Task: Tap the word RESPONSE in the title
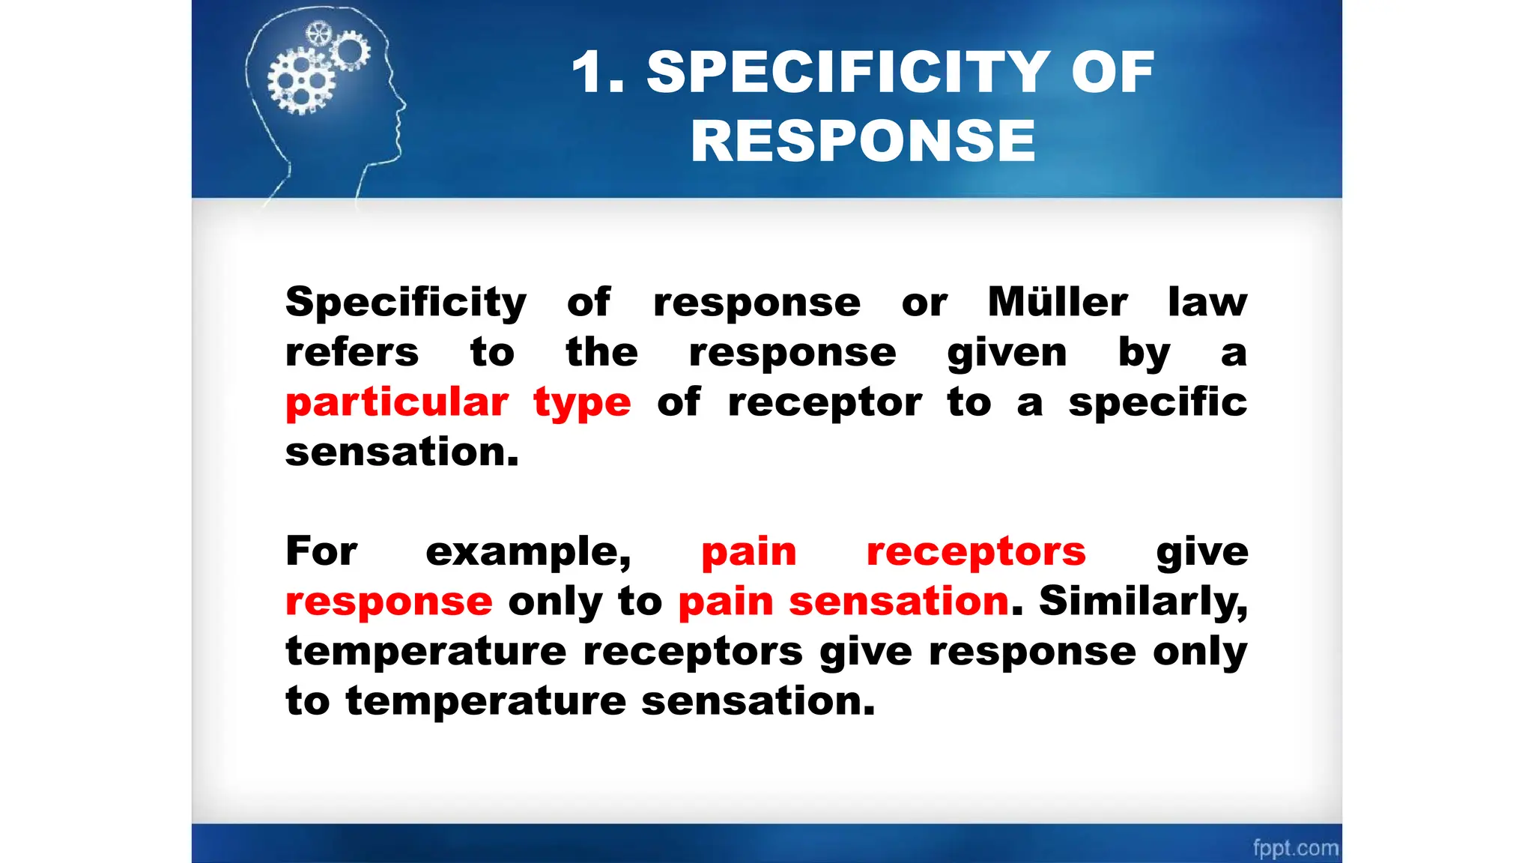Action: [x=863, y=141]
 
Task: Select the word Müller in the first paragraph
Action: [x=1057, y=302]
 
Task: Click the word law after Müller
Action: [x=1207, y=302]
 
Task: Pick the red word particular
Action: [x=397, y=402]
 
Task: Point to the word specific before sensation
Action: [x=1157, y=403]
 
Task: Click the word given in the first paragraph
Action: [x=1007, y=353]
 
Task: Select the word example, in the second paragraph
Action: [x=529, y=552]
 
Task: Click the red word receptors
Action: [x=975, y=552]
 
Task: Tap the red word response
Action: [x=389, y=602]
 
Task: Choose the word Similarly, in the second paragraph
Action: [x=1143, y=602]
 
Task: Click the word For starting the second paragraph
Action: [x=321, y=551]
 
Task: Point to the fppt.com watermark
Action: [x=1295, y=848]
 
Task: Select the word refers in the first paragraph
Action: [x=352, y=352]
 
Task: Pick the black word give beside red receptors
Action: [x=1201, y=553]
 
